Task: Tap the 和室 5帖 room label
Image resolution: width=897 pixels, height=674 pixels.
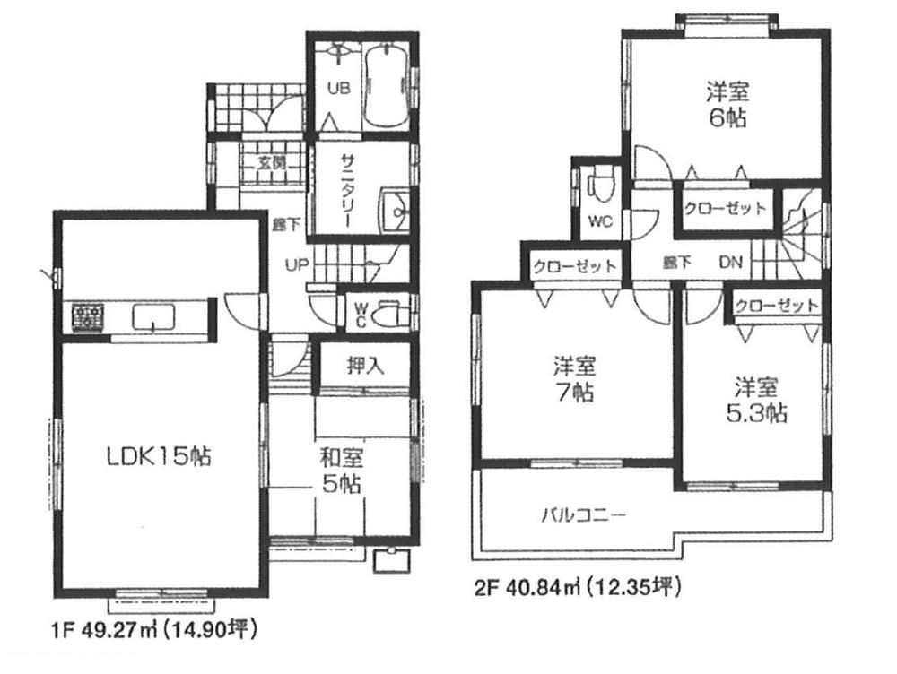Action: (341, 471)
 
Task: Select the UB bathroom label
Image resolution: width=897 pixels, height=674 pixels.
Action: (337, 88)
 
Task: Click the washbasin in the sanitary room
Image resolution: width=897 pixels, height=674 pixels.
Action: (394, 212)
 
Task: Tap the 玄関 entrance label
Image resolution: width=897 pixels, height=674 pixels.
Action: (271, 162)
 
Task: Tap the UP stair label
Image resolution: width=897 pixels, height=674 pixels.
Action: (297, 265)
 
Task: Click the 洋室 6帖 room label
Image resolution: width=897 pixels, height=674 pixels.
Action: (727, 104)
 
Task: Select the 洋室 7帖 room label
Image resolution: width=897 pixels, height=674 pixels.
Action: (574, 378)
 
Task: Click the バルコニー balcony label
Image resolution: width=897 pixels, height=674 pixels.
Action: (583, 515)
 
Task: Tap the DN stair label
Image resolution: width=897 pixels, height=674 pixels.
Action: (730, 264)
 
